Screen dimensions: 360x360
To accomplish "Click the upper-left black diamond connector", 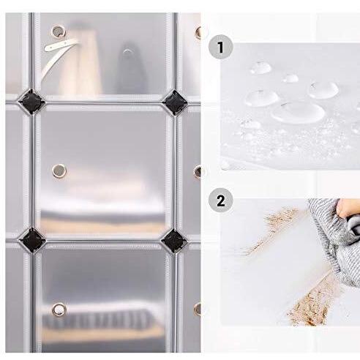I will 34,99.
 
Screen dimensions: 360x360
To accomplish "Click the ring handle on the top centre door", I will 57,31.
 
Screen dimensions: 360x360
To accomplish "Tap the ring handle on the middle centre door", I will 56,170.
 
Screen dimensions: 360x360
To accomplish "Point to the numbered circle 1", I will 217,48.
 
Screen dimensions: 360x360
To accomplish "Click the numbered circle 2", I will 217,200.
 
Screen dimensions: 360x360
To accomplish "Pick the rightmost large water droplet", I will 322,90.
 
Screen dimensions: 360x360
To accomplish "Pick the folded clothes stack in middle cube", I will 102,220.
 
